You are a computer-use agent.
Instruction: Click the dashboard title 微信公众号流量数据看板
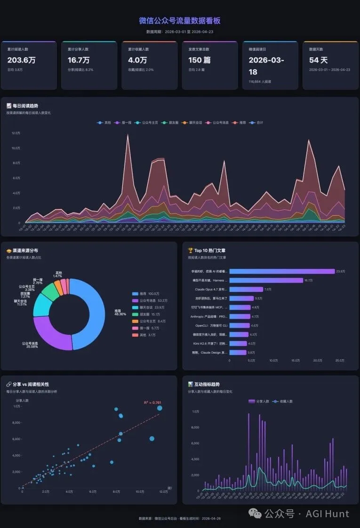pyautogui.click(x=180, y=21)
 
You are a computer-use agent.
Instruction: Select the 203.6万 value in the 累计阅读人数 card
pyautogui.click(x=21, y=60)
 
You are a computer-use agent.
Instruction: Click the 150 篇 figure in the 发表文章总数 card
pyautogui.click(x=199, y=60)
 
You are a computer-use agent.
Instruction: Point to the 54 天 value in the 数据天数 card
pyautogui.click(x=318, y=60)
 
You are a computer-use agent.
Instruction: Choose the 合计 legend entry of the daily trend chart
pyautogui.click(x=257, y=123)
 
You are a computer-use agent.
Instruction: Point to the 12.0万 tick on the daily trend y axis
pyautogui.click(x=16, y=133)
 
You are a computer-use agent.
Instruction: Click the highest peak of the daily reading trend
pyautogui.click(x=127, y=135)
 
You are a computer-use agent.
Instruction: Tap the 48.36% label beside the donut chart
pyautogui.click(x=120, y=314)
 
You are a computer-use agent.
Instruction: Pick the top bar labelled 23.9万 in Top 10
pyautogui.click(x=281, y=271)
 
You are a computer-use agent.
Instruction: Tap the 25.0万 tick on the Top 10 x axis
pyautogui.click(x=339, y=361)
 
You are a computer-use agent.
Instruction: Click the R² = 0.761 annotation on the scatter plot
pyautogui.click(x=152, y=402)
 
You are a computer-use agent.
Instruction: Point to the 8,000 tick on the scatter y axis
pyautogui.click(x=16, y=423)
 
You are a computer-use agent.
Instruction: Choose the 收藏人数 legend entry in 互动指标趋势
pyautogui.click(x=283, y=402)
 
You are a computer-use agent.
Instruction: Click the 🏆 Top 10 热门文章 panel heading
pyautogui.click(x=209, y=251)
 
